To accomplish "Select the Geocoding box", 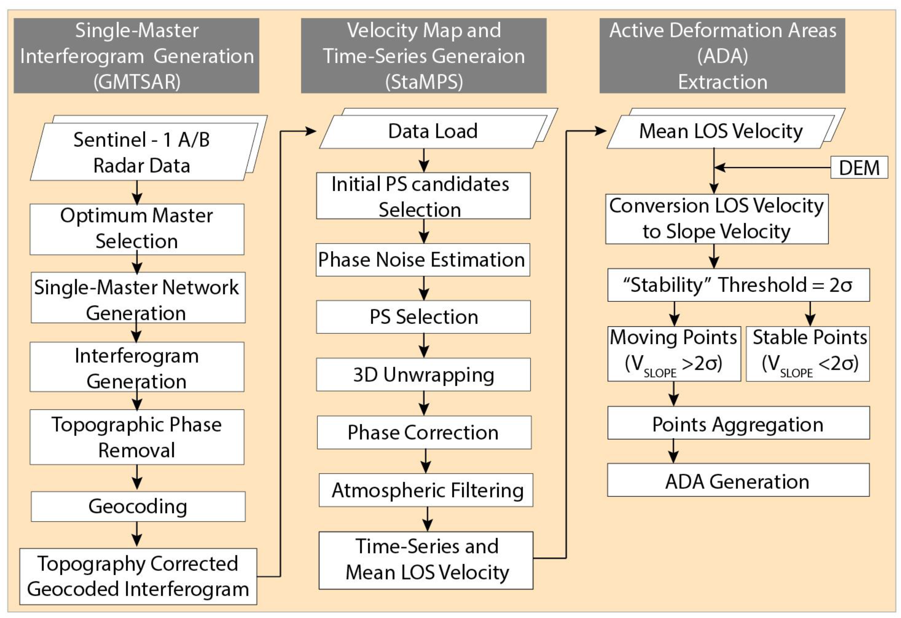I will pos(138,506).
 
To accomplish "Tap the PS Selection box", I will pos(423,317).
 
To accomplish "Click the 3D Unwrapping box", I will pos(423,375).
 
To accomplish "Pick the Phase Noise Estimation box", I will pos(422,260).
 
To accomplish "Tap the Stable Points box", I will pos(808,353).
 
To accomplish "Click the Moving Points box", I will pos(674,353).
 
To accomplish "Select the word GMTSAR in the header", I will pos(137,82).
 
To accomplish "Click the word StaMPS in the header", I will pos(424,82).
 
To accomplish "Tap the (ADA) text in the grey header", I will pos(722,56).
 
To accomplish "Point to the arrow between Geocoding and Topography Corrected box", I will pos(137,534).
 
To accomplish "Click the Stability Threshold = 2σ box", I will pos(738,285).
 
